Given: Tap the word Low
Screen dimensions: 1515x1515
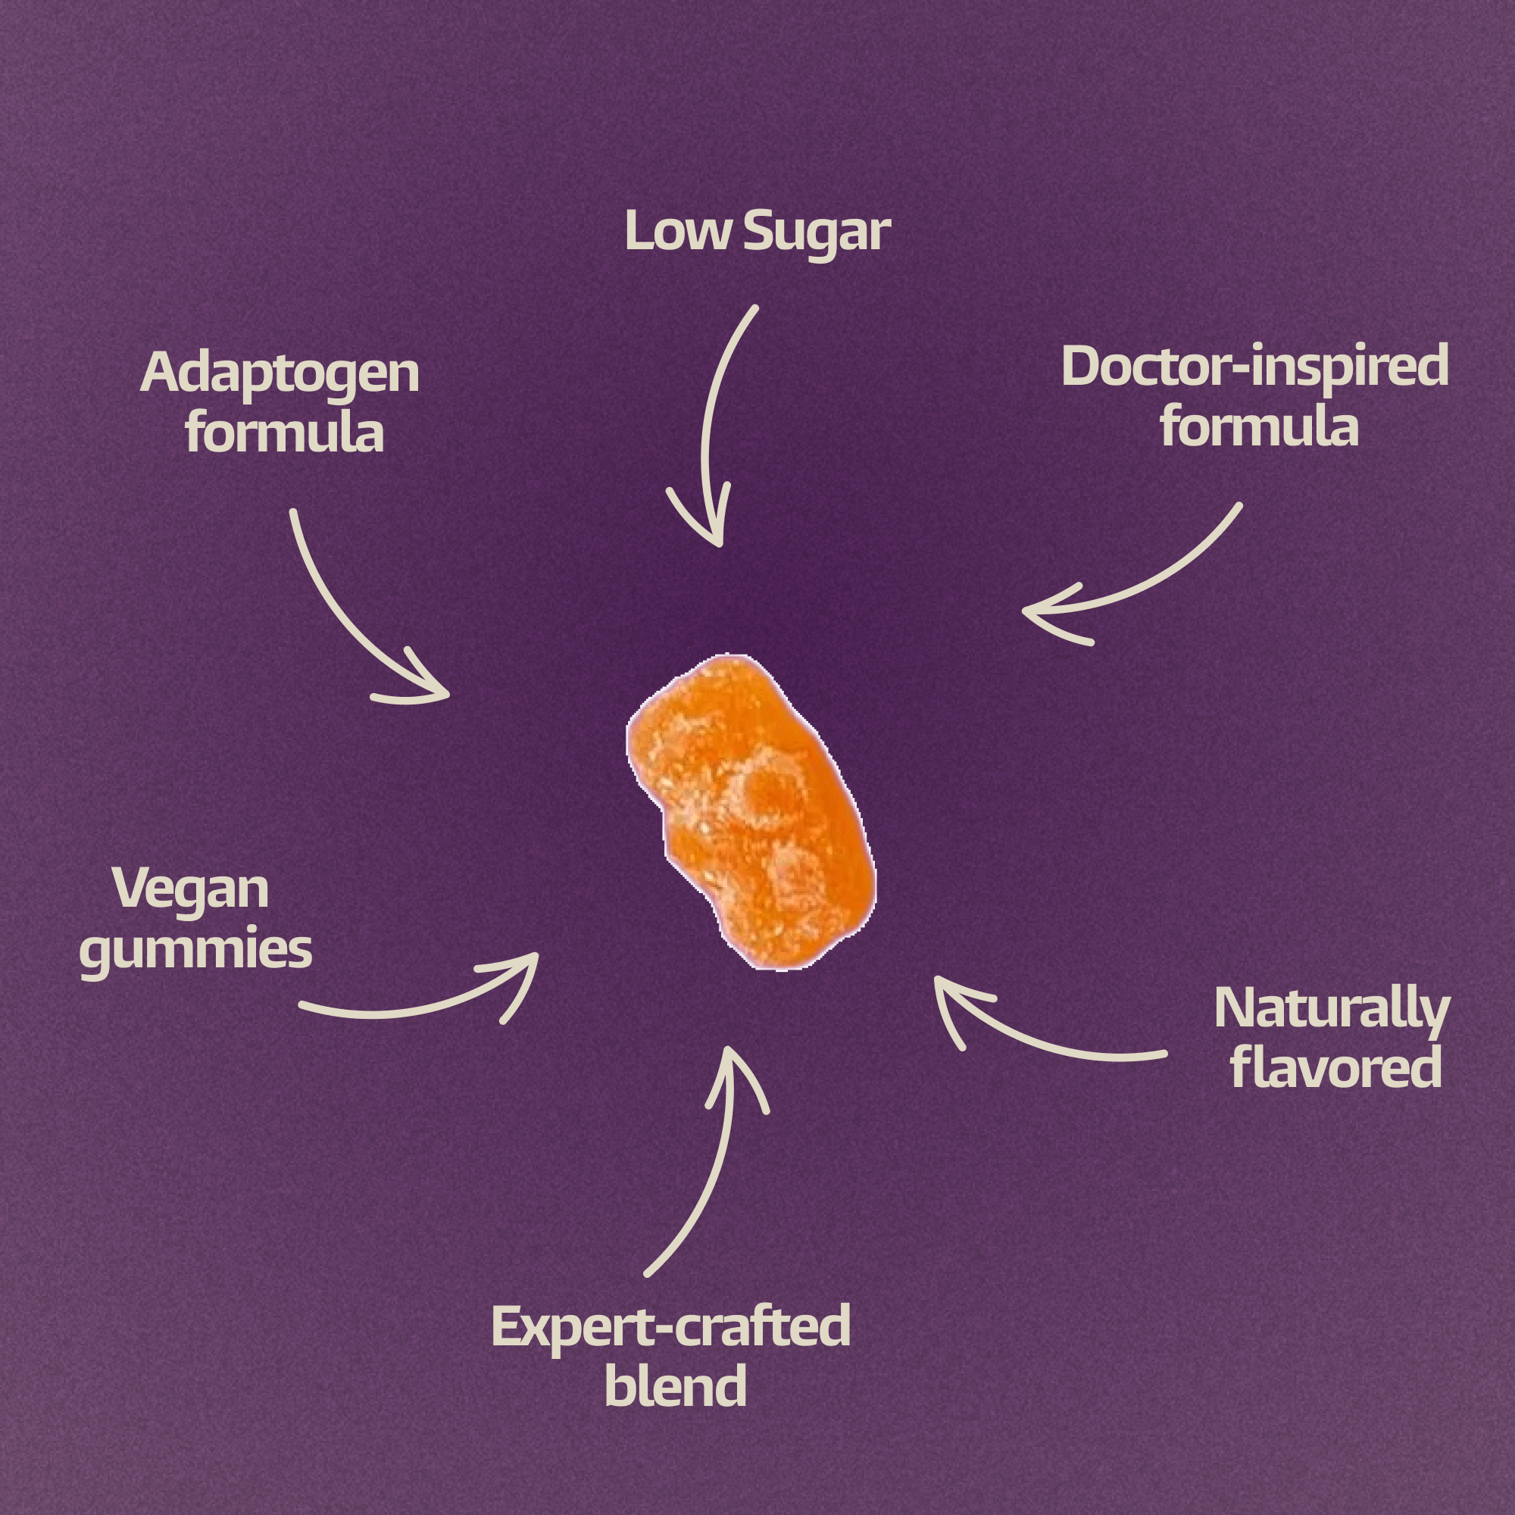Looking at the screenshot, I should [x=676, y=232].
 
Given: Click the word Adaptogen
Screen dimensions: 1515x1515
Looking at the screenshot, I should [x=280, y=373].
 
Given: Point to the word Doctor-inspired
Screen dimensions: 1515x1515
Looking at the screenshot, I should [x=1254, y=367].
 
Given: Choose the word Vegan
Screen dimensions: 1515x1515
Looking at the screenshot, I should [x=191, y=889].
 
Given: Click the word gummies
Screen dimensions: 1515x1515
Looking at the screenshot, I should [x=196, y=951].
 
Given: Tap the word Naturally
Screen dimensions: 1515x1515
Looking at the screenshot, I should [x=1331, y=1009].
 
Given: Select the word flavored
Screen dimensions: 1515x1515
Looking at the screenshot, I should [x=1336, y=1068].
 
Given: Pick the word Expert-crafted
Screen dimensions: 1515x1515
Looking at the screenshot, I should [x=670, y=1327].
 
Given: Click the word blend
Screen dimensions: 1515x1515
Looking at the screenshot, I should [x=675, y=1386].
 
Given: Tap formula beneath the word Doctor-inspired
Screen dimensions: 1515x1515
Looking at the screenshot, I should [x=1258, y=427].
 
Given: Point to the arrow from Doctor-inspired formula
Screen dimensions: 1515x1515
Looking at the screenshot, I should [x=1160, y=580].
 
